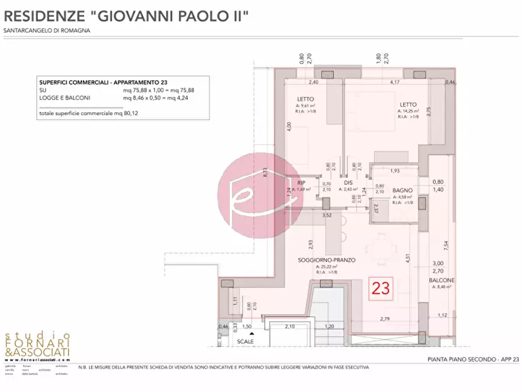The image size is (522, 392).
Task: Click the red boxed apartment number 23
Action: [x=381, y=288]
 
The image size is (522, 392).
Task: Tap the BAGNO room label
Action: [x=403, y=191]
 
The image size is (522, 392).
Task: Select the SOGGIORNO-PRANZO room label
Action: [x=327, y=260]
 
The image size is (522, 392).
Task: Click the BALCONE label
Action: [x=442, y=280]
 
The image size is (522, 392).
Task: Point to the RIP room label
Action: [x=302, y=183]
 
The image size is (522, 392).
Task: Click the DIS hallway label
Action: [x=348, y=183]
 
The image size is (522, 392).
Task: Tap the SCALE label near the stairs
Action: [x=246, y=341]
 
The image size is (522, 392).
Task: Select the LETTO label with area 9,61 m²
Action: [x=305, y=99]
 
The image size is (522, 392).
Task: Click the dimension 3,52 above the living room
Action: [x=328, y=215]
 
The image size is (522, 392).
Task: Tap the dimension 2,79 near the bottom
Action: [x=385, y=319]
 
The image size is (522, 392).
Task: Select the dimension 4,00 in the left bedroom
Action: [x=288, y=126]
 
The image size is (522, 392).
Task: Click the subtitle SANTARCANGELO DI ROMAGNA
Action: [x=47, y=30]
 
